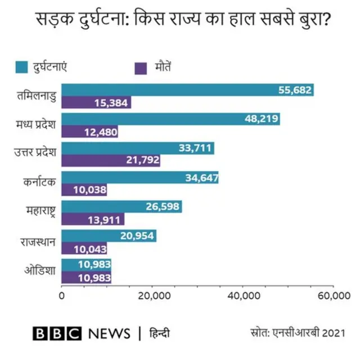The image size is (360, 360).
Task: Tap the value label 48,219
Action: coord(260,119)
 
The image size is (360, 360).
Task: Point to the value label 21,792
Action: coord(141,161)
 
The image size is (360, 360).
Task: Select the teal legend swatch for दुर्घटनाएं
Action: coord(21,67)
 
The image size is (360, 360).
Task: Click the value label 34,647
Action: coord(200,178)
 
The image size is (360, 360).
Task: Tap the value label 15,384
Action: coord(112,102)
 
